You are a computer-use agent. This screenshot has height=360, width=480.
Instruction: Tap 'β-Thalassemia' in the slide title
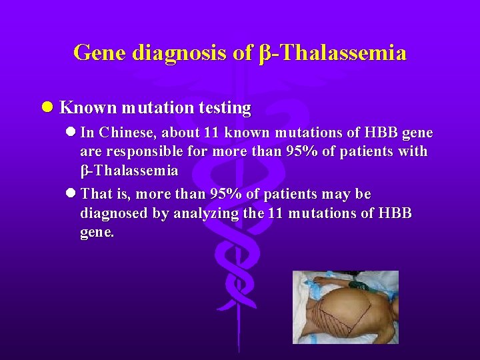[x=331, y=52]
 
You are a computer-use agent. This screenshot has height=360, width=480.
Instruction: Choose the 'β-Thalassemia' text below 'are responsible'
[x=129, y=171]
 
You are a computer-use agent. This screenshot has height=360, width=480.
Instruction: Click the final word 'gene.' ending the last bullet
[x=97, y=233]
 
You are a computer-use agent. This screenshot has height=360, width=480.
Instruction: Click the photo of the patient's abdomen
[x=345, y=307]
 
